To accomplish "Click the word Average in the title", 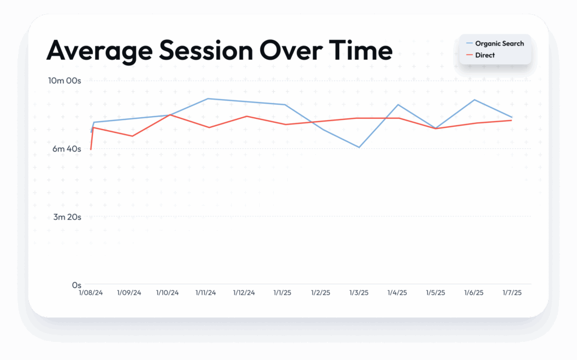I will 99,51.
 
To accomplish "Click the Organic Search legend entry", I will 499,43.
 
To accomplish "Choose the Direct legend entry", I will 485,55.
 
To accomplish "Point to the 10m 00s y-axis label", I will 65,81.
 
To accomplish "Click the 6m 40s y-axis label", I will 67,149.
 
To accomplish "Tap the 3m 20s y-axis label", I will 67,217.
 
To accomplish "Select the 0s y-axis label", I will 77,285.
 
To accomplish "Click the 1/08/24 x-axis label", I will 91,293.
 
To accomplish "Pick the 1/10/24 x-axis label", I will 167,293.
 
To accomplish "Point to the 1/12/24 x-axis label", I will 243,293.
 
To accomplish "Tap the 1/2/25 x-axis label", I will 321,293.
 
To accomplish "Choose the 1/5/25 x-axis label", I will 435,293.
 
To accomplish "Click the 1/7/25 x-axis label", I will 511,293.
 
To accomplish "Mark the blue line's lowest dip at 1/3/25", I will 359,147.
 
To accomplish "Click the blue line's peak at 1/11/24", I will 208,99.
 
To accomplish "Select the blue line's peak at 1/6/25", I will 474,100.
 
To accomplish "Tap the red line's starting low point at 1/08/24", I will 91,149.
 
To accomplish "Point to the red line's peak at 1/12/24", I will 247,116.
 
